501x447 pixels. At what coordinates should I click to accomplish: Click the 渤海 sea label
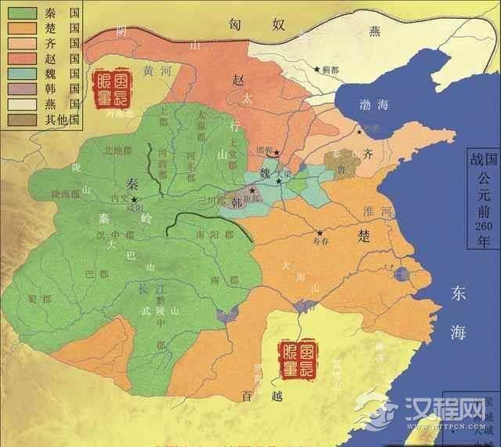tap(366, 100)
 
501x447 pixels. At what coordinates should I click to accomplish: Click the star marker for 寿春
tap(319, 233)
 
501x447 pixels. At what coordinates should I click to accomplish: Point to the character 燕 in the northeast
tap(373, 31)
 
